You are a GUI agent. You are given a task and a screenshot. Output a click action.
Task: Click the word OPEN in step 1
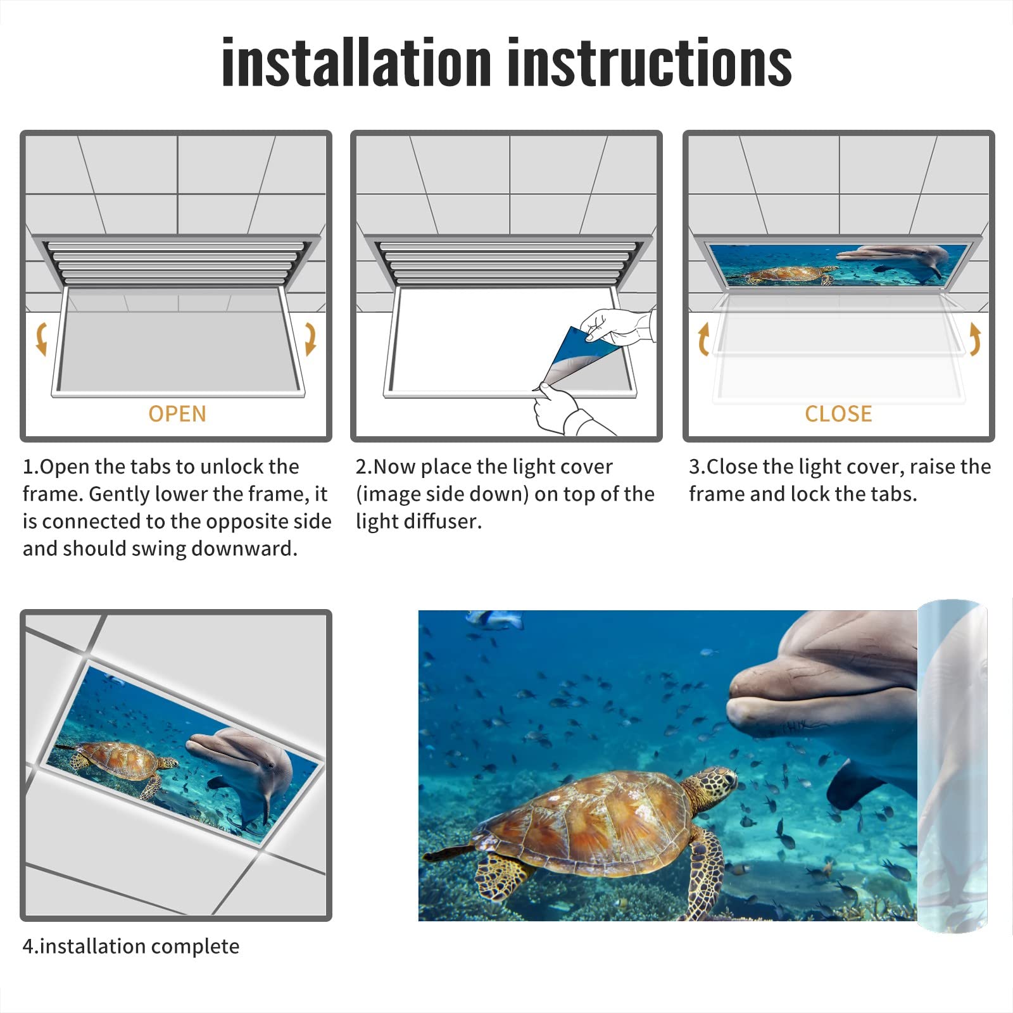[x=177, y=414]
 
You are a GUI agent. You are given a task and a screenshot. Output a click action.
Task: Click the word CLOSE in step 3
[x=838, y=414]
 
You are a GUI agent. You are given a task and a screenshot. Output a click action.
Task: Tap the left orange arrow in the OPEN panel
[x=42, y=338]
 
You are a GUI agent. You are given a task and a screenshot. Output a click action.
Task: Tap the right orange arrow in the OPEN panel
[x=310, y=338]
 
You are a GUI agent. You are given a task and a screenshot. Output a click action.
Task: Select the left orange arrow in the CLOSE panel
[x=703, y=339]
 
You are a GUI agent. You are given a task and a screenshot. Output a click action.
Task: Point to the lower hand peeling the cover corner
[x=557, y=408]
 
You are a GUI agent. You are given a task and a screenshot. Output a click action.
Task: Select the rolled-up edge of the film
[x=953, y=766]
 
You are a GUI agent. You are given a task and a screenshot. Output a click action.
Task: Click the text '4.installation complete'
[x=131, y=947]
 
